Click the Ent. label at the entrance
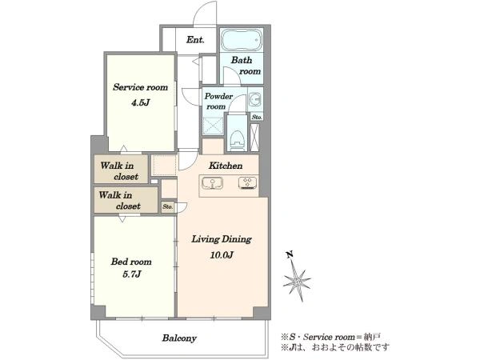195,40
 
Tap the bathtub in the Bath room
242,40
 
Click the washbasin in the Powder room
254,99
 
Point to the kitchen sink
212,183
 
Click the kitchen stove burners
248,183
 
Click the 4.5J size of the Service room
140,102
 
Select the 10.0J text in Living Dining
222,254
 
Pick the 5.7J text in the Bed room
132,274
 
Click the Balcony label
179,338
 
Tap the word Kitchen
226,166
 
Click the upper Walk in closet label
119,171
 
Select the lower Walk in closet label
119,201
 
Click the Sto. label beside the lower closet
168,207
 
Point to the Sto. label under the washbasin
257,117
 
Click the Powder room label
218,102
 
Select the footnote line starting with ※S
331,337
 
